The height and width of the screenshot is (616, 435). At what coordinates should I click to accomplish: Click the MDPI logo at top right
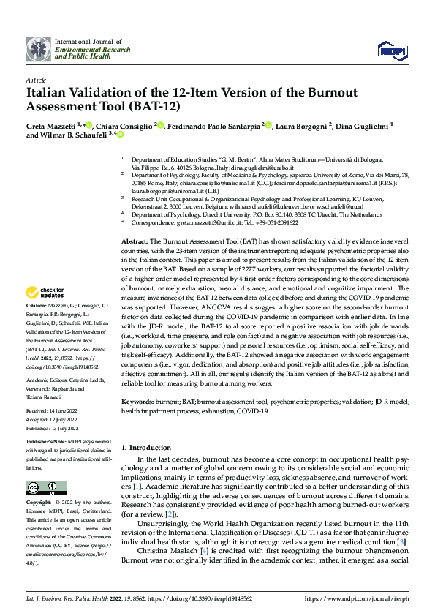tap(389, 49)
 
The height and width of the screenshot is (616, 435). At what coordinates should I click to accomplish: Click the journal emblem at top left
tap(39, 49)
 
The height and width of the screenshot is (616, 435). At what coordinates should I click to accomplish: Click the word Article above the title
tap(36, 79)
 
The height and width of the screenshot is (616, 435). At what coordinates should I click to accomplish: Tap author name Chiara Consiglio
tap(123, 126)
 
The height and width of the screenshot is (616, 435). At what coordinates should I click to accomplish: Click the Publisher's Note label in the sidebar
tap(45, 443)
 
